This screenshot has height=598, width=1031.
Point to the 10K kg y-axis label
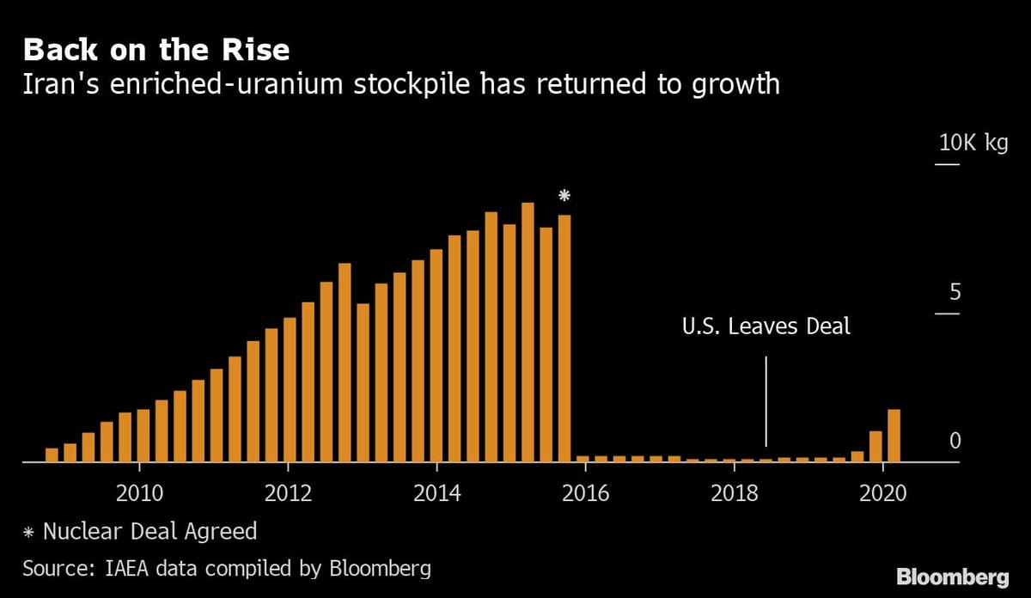(x=973, y=143)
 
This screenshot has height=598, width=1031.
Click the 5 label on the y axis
(x=954, y=293)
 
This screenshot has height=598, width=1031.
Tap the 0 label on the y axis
(x=954, y=441)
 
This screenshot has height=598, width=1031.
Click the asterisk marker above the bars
(x=564, y=197)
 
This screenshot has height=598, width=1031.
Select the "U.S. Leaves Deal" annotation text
(x=766, y=326)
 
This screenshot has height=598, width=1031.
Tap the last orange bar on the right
(x=894, y=436)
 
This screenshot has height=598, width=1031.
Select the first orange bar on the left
(x=52, y=455)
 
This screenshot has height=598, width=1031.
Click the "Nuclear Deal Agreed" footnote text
(x=149, y=531)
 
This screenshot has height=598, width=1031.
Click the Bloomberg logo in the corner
(x=953, y=576)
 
